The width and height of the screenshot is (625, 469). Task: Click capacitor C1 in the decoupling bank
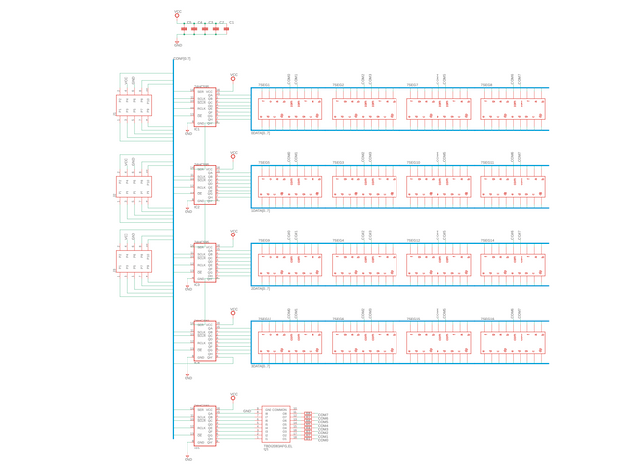pos(227,29)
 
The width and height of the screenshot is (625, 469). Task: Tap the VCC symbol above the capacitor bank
pos(177,15)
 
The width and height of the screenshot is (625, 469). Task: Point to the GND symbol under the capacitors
pos(177,43)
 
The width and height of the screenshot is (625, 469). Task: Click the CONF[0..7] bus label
pos(183,59)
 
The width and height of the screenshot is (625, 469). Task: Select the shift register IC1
pos(205,107)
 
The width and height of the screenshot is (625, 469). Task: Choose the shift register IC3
pos(205,264)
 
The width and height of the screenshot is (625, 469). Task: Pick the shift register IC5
pos(205,426)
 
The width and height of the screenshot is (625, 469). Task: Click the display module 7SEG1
pos(290,107)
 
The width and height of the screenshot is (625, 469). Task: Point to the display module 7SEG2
pos(364,107)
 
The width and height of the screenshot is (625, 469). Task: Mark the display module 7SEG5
pos(290,186)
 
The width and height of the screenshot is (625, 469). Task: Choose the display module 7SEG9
pos(290,264)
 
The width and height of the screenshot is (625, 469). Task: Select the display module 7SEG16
pos(513,342)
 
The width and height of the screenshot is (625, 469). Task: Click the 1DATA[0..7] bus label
pos(261,134)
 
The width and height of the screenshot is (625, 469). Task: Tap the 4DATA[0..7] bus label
pos(261,367)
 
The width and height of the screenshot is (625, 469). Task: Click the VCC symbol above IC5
pos(233,397)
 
